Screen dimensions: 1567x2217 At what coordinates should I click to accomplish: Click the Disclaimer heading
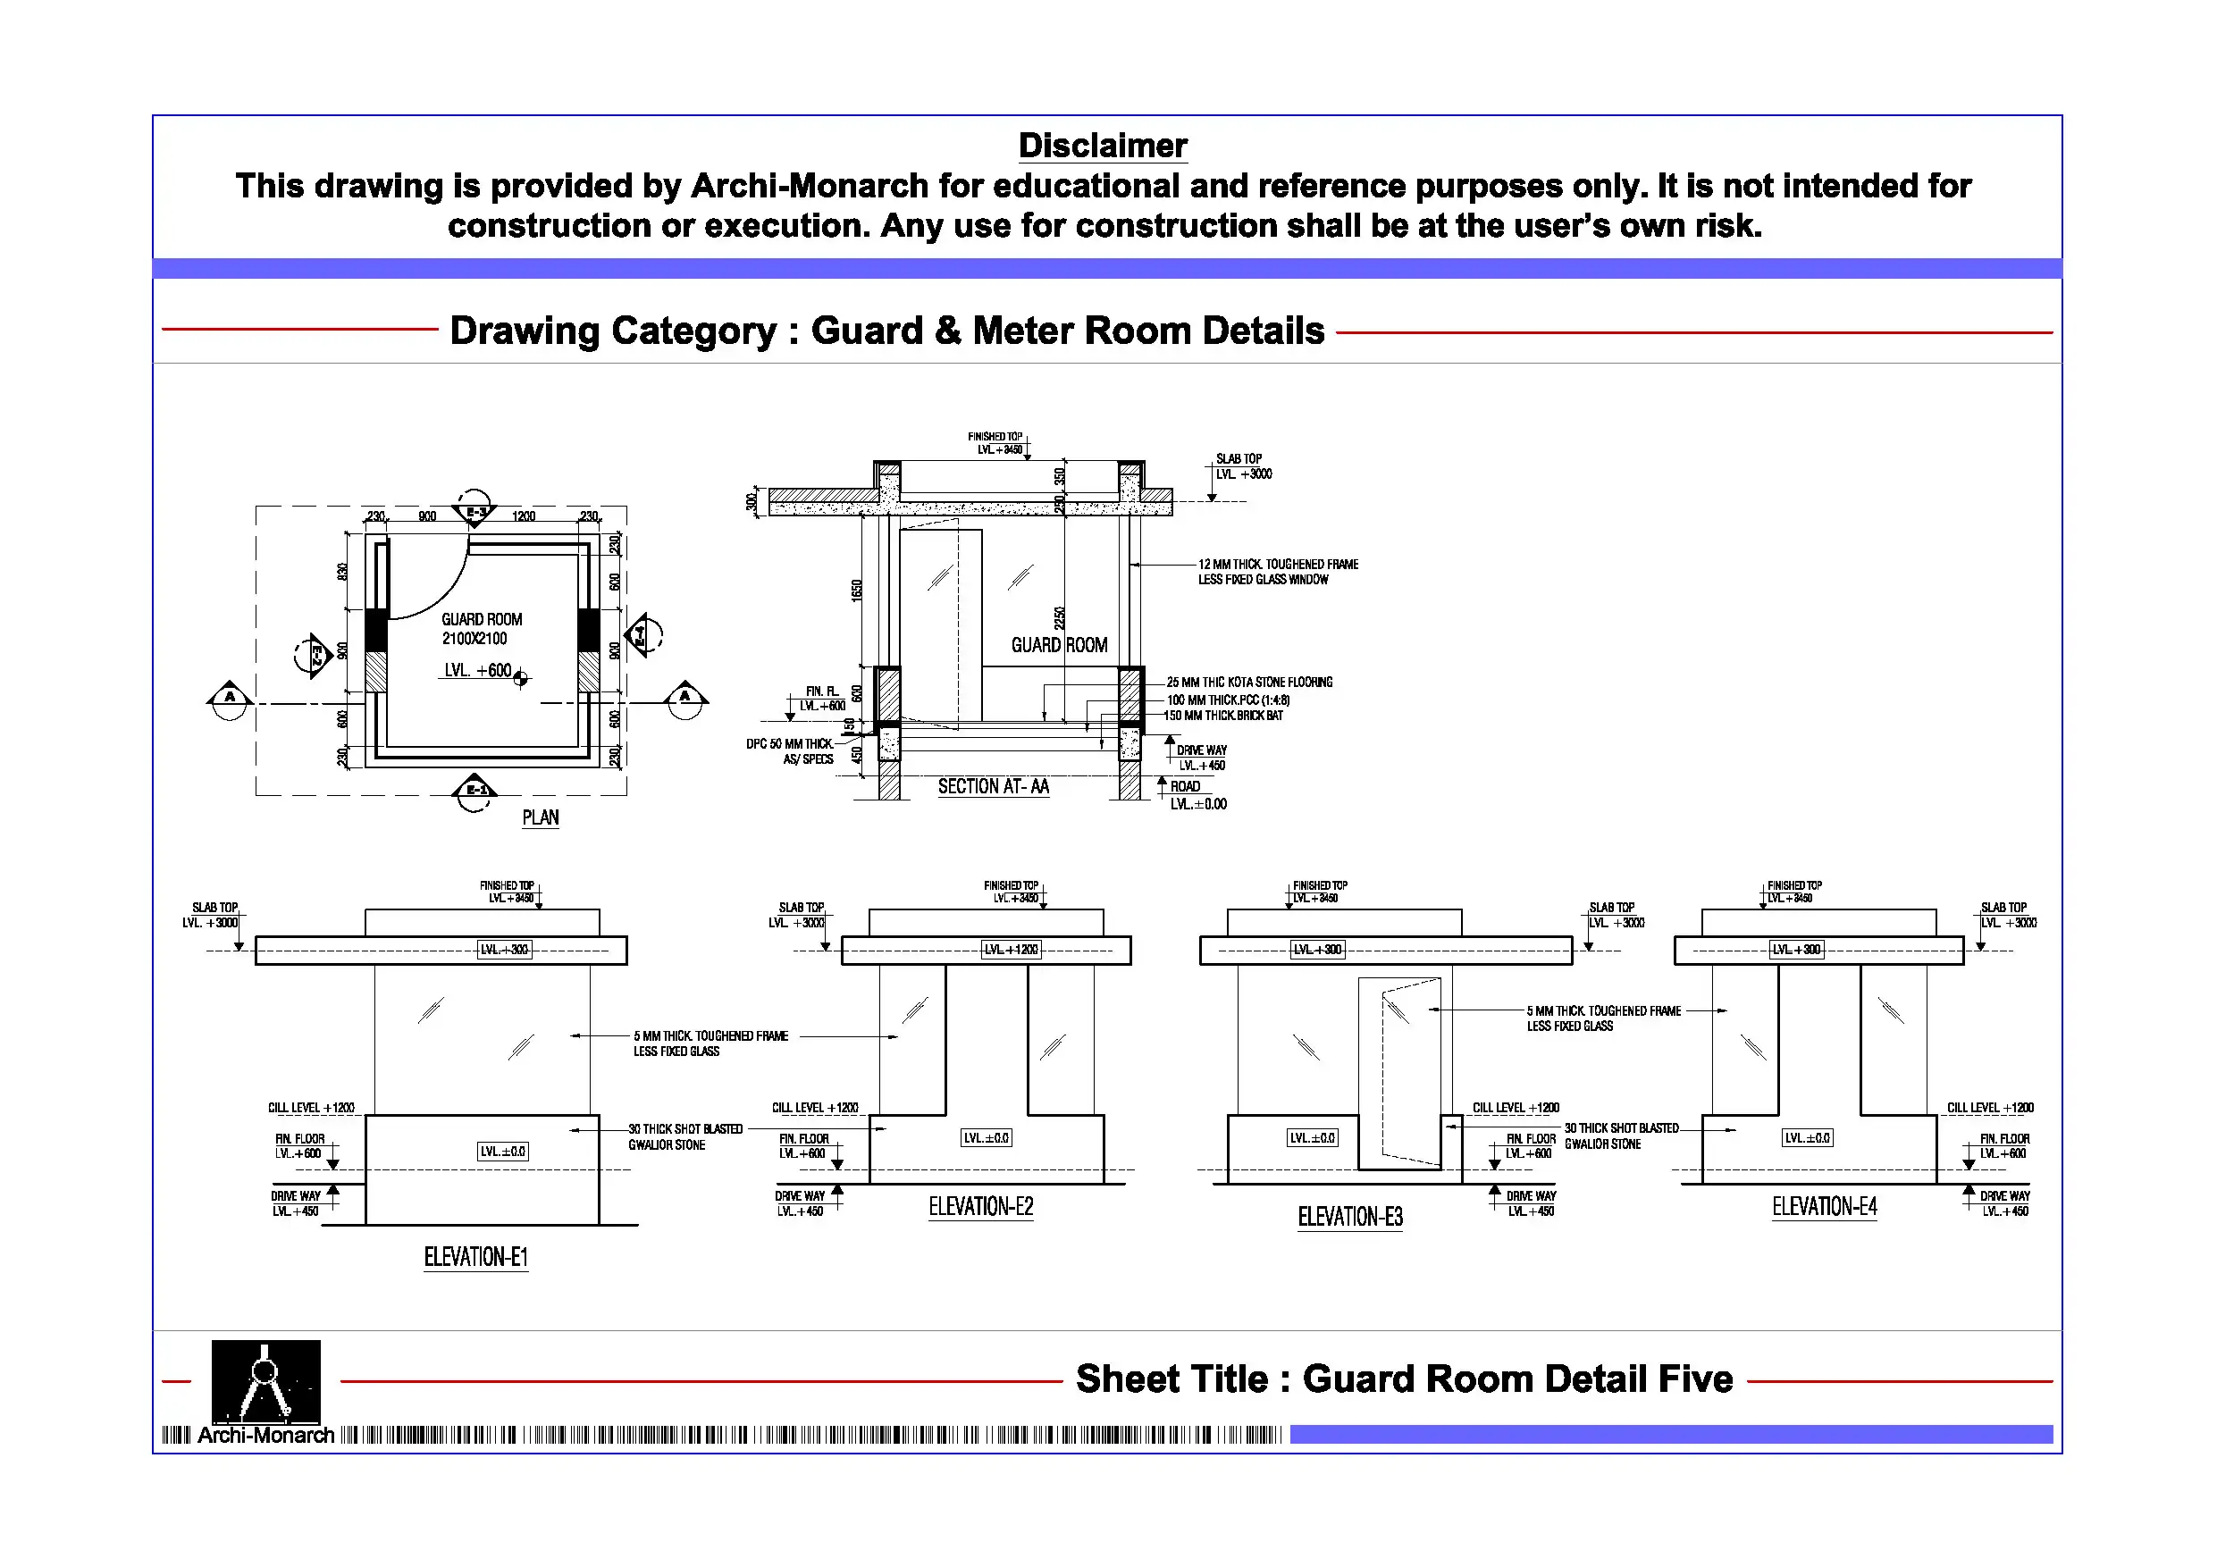1103,146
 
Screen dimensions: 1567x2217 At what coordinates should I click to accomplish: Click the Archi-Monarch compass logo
265,1380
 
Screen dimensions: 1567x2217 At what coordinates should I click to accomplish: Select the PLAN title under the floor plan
540,817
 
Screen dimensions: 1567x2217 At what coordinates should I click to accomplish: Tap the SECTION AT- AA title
993,787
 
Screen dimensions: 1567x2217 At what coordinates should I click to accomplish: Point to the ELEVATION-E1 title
476,1257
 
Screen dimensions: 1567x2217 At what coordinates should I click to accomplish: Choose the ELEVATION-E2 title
980,1207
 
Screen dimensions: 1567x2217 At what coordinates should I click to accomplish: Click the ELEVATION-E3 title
1350,1217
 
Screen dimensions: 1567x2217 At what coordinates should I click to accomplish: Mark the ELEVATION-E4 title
1824,1207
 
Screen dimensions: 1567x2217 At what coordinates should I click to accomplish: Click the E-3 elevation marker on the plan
476,510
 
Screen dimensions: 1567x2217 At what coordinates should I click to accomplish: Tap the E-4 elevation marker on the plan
642,635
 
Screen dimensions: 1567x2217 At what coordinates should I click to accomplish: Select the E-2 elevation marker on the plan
314,657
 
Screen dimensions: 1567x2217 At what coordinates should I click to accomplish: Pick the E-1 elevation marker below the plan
475,790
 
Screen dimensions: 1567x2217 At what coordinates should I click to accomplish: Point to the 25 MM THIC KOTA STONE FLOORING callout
1249,683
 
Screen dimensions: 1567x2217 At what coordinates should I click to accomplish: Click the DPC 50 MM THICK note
790,751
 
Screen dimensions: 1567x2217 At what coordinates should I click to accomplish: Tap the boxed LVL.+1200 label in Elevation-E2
1011,950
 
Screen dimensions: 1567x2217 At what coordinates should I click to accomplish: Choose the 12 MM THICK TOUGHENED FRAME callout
1278,572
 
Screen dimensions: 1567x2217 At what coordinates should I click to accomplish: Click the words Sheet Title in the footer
1171,1379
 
